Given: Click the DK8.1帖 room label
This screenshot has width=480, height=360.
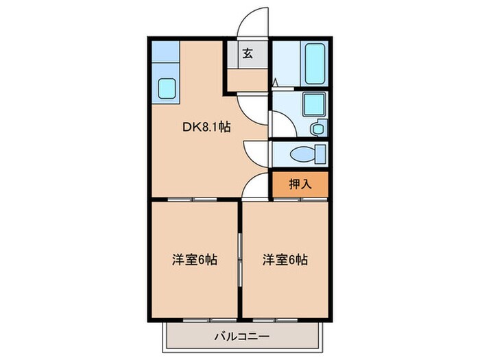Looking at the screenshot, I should point(205,126).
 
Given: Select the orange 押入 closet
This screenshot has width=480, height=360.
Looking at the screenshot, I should point(300,183).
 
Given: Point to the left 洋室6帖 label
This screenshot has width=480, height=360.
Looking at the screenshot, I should point(194,260).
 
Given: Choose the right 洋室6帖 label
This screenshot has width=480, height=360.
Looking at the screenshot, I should point(284,260).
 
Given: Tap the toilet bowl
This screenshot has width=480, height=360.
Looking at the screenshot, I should point(304,154).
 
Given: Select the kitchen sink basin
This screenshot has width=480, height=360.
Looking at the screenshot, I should point(167,88).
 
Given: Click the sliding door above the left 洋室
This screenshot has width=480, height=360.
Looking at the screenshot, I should point(185,199).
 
